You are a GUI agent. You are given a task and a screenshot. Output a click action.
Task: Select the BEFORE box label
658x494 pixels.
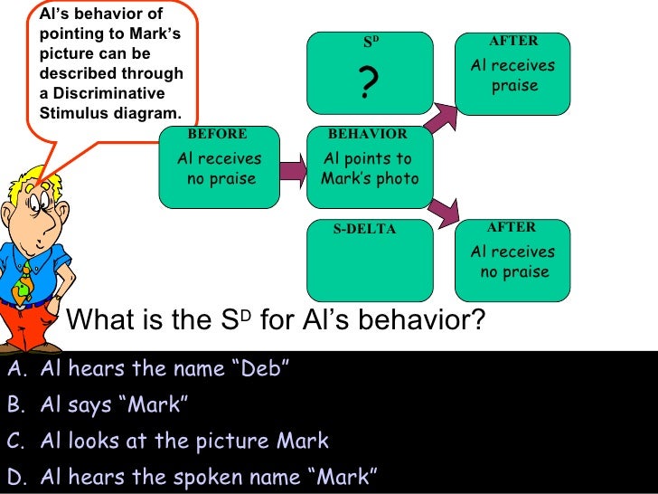click(x=217, y=134)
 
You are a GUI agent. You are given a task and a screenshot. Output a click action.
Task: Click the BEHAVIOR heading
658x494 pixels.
click(x=368, y=134)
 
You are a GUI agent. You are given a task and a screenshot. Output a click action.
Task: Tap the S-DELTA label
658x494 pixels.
click(x=364, y=229)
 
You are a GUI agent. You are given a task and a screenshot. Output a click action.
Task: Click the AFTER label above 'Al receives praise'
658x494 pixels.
click(x=512, y=41)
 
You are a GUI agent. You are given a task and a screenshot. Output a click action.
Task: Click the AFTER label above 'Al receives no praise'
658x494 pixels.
click(x=512, y=227)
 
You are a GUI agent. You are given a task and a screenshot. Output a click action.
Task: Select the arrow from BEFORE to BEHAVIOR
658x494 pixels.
click(x=291, y=168)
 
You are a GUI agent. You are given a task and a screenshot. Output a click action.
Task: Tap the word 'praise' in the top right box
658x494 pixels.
click(x=514, y=86)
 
